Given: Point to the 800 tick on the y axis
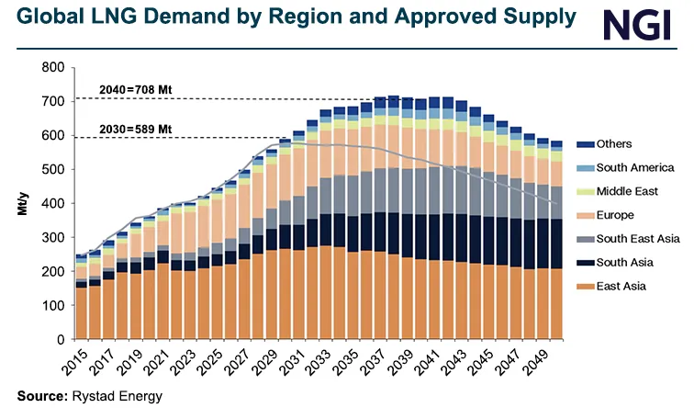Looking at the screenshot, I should point(52,68).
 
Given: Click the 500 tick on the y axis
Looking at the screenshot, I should point(52,170).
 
